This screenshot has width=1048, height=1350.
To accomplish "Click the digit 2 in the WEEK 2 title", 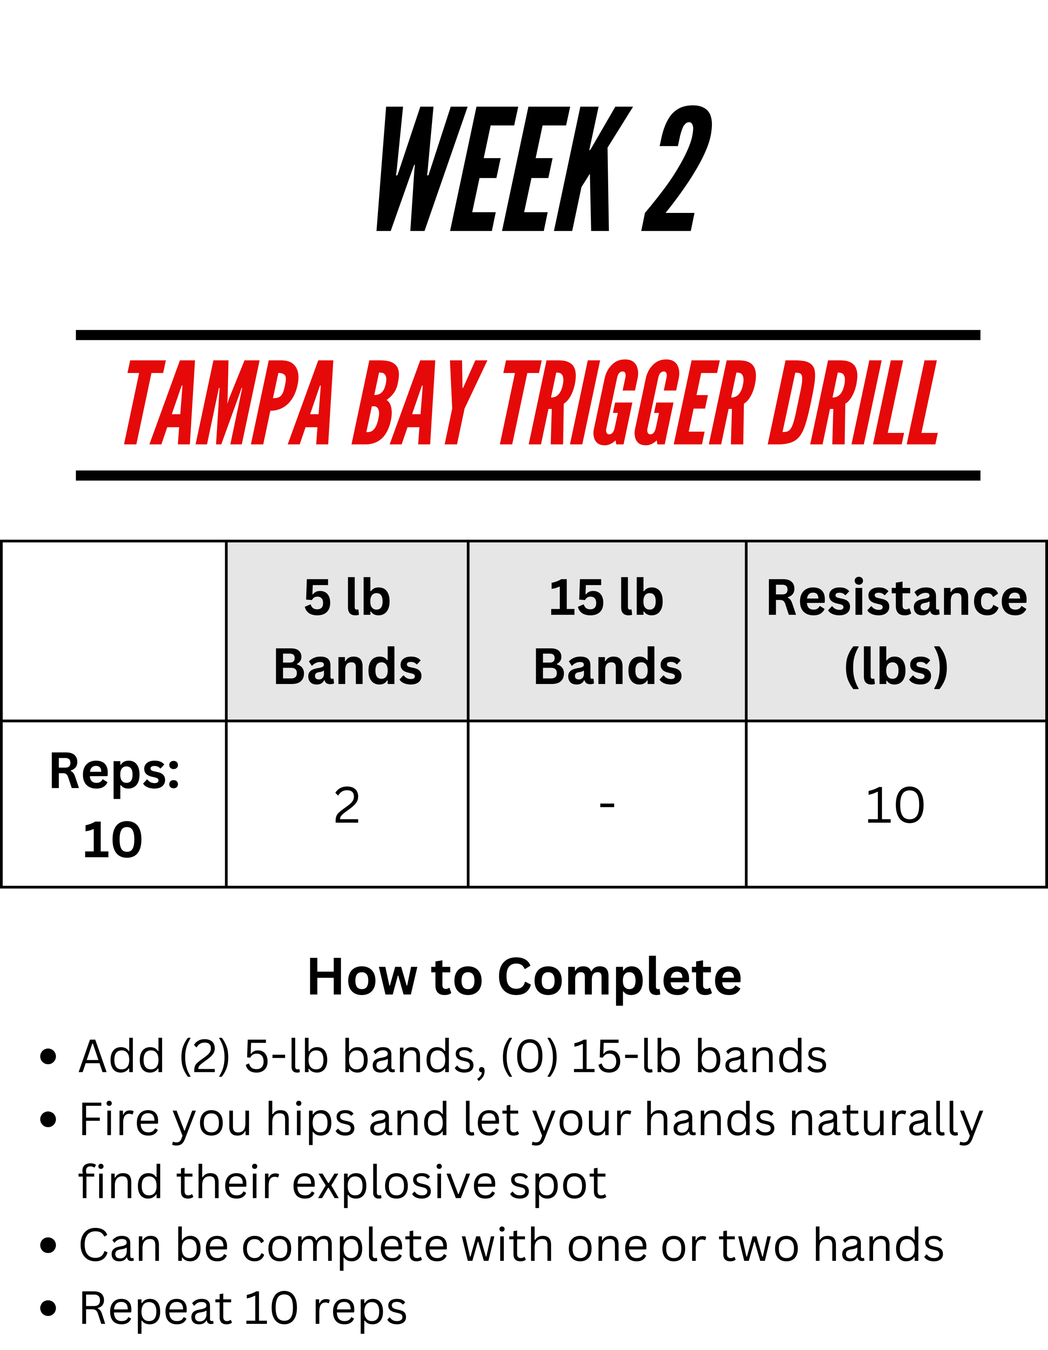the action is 677,168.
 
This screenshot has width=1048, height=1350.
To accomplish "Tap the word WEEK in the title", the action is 504,169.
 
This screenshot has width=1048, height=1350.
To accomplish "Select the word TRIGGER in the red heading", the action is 629,402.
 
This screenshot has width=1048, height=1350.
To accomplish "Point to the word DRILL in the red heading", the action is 853,402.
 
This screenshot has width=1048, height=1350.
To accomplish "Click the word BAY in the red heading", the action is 419,402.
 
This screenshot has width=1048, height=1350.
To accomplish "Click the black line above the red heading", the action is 528,335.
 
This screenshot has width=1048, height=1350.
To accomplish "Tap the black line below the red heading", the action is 528,475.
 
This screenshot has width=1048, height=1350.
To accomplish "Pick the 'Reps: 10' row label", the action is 114,805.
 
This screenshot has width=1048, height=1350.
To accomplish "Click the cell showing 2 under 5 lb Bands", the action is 346,806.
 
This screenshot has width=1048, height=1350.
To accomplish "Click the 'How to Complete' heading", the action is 525,977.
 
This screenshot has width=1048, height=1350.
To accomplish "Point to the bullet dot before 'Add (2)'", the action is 48,1057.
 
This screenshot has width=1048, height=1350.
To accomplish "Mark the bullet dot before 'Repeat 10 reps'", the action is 48,1309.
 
